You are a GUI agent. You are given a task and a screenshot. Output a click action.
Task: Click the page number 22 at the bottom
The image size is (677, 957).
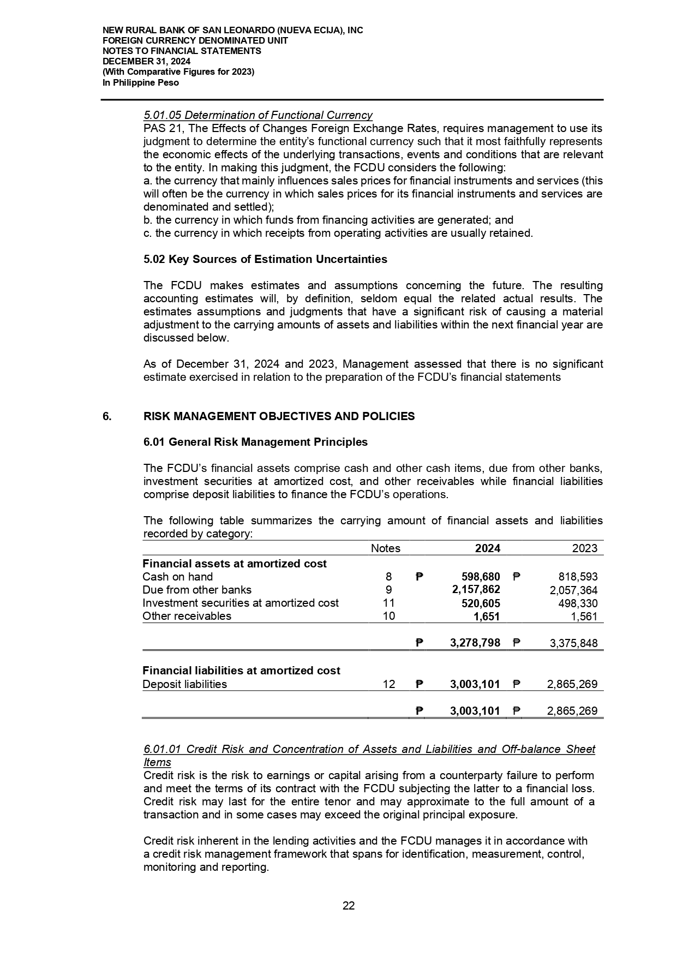(349, 906)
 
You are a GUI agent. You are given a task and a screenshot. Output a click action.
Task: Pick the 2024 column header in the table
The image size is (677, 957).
(488, 548)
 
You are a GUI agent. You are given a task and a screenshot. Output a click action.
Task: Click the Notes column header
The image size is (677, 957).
(385, 548)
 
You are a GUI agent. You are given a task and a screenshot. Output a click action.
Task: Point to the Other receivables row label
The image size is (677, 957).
(187, 616)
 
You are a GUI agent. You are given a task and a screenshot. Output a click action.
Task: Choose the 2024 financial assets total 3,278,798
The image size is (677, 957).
(475, 643)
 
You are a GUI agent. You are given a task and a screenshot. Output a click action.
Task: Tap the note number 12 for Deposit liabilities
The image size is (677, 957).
(388, 684)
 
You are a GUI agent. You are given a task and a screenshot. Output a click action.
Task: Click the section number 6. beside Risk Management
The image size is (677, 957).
(107, 416)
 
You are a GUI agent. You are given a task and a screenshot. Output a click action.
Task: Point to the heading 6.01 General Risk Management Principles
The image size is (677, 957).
(255, 442)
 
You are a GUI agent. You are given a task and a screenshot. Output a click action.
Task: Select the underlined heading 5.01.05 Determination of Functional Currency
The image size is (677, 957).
(257, 115)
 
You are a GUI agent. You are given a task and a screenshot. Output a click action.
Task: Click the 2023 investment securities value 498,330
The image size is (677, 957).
(577, 603)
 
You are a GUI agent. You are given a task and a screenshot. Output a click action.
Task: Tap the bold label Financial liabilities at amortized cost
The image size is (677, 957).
(241, 671)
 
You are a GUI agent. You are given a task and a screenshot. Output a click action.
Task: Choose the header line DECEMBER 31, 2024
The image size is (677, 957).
(146, 62)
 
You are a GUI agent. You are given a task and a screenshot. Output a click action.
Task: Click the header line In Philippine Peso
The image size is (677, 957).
(141, 83)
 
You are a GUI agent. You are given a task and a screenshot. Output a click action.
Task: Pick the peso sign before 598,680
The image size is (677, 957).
(418, 577)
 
